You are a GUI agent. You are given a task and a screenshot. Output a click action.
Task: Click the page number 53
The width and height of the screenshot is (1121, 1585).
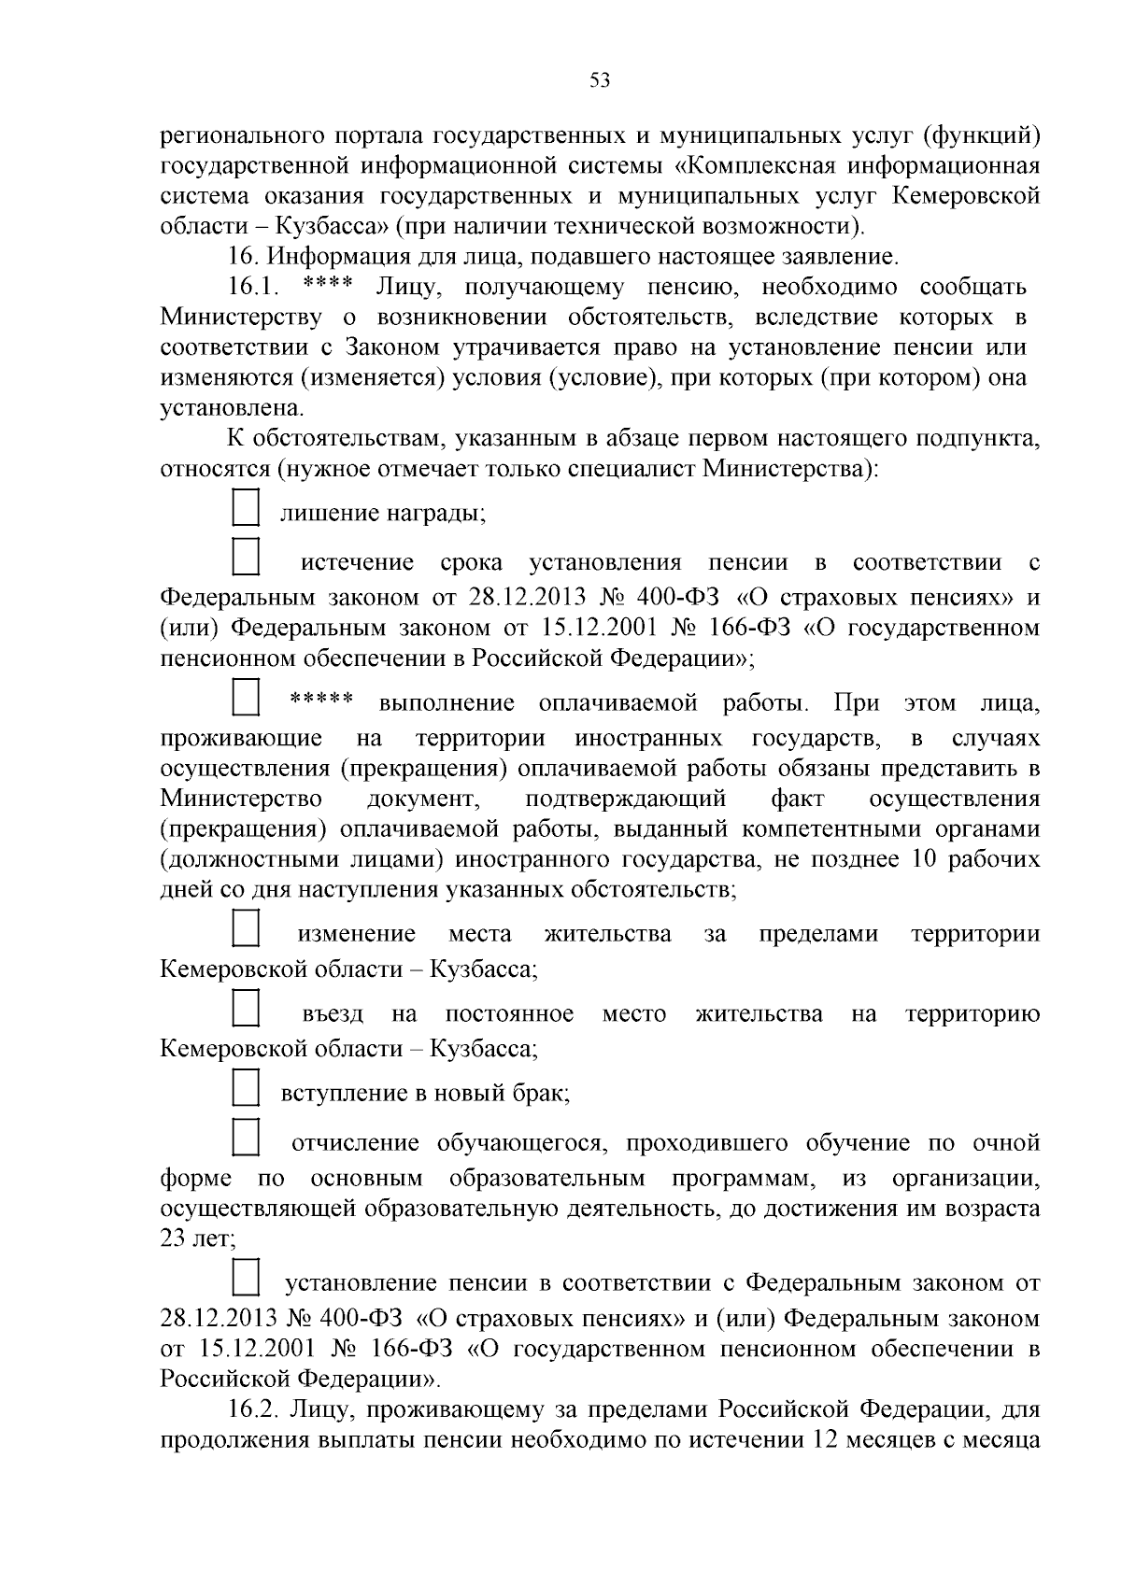[x=600, y=80]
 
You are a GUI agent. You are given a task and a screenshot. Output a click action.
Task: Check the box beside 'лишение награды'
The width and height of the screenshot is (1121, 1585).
[x=245, y=511]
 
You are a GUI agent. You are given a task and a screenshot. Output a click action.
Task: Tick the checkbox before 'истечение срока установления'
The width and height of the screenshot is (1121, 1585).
[x=245, y=557]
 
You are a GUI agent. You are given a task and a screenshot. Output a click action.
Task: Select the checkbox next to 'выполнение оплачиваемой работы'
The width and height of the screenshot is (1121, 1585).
[x=245, y=698]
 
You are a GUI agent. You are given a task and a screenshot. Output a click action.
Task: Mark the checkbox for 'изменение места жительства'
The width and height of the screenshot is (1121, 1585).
[x=245, y=929]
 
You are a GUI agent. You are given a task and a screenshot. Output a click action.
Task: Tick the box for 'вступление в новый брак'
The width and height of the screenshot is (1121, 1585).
[x=245, y=1088]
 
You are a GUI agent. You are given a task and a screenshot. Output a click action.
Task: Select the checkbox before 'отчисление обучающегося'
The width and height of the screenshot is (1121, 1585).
[x=245, y=1138]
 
